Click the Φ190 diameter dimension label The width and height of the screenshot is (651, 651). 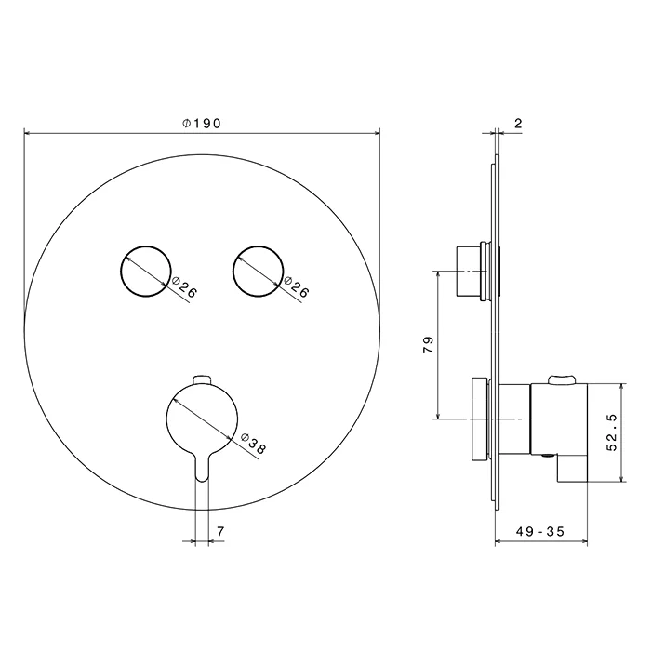202,124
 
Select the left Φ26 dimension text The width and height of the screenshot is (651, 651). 183,286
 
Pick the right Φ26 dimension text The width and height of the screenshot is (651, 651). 296,286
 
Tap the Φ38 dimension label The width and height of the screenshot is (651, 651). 253,443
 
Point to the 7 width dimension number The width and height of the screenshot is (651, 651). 220,531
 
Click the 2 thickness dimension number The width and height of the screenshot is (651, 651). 518,124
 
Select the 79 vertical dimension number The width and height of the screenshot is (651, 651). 428,345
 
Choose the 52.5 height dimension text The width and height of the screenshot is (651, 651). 612,432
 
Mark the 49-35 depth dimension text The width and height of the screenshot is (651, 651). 540,531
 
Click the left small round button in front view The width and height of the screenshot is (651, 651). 145,272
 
